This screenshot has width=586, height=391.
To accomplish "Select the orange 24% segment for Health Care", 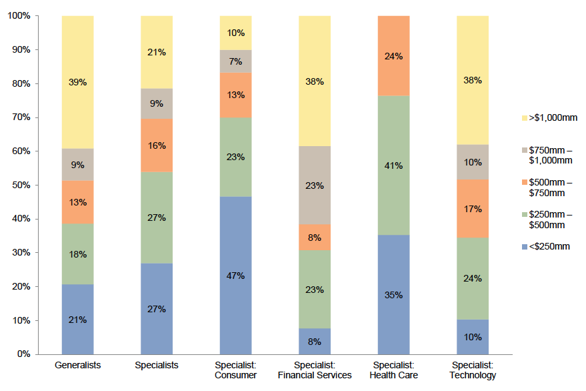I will pyautogui.click(x=393, y=56).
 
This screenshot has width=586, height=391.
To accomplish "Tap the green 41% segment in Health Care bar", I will pyautogui.click(x=393, y=165).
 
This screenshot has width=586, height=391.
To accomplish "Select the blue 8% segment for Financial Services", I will pyautogui.click(x=315, y=341).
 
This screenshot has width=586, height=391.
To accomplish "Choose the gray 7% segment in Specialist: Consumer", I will pyautogui.click(x=235, y=61).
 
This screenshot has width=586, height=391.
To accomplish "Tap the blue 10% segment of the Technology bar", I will pyautogui.click(x=472, y=337).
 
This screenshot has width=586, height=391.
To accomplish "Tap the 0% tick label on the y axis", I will pyautogui.click(x=23, y=354).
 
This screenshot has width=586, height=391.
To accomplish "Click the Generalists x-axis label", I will pyautogui.click(x=77, y=366).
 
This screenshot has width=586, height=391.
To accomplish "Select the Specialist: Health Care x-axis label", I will pyautogui.click(x=393, y=370).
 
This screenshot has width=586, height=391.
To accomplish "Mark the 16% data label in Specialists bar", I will pyautogui.click(x=157, y=145).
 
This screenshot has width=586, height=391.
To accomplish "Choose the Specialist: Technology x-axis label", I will pyautogui.click(x=472, y=370).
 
